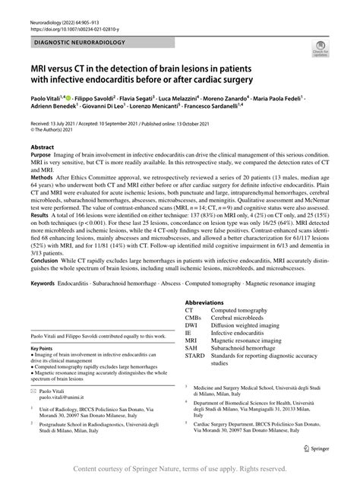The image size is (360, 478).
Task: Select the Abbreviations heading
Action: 207,303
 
